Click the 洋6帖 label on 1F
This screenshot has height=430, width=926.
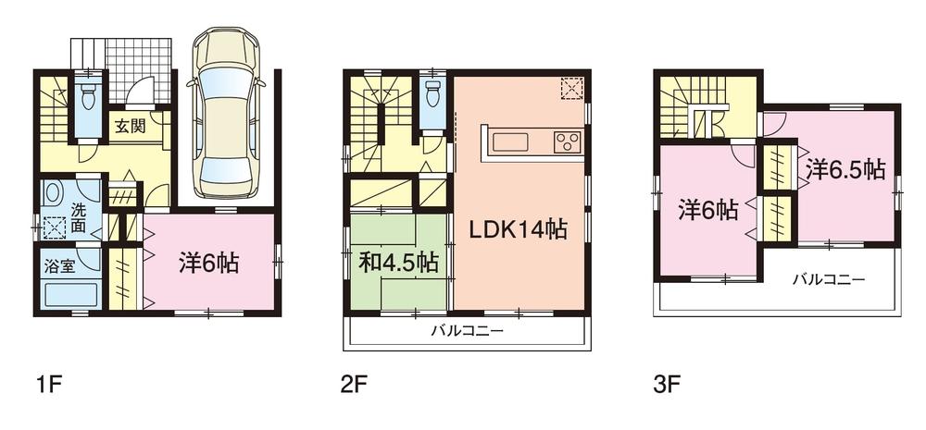pyautogui.click(x=208, y=264)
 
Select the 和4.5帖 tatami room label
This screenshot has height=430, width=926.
pyautogui.click(x=399, y=263)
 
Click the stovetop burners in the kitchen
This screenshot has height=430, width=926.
pyautogui.click(x=568, y=141)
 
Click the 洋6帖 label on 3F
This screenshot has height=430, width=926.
pyautogui.click(x=707, y=211)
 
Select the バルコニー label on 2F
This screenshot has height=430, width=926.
pyautogui.click(x=466, y=331)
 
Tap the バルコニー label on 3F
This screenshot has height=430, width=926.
pyautogui.click(x=828, y=278)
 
